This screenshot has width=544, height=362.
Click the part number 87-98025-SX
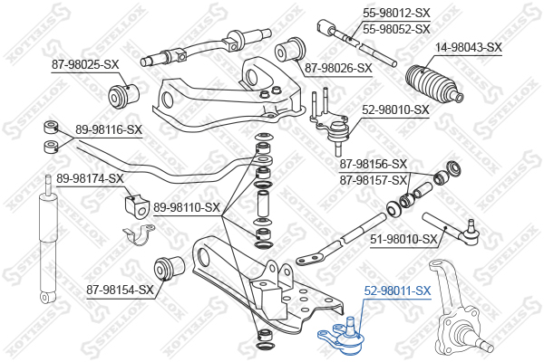point(85,64)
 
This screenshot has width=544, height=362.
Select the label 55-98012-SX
point(396,14)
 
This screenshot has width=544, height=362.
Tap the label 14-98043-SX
point(469,47)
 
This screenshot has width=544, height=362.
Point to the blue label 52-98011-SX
point(397,291)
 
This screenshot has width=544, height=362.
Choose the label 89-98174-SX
point(90,179)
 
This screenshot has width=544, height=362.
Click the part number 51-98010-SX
point(403,239)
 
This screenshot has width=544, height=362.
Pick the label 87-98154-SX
point(120,290)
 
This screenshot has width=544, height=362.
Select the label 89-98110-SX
point(187,207)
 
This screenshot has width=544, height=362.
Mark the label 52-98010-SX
point(395,110)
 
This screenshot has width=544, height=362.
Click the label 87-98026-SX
point(338,68)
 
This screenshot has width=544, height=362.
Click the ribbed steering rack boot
point(434,83)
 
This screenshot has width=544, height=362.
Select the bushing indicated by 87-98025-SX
point(123,96)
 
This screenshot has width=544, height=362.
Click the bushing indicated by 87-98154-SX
point(169,268)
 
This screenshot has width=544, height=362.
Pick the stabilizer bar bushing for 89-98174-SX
point(137,206)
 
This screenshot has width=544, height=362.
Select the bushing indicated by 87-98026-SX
point(290,50)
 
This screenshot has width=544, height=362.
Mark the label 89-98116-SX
point(109,130)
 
